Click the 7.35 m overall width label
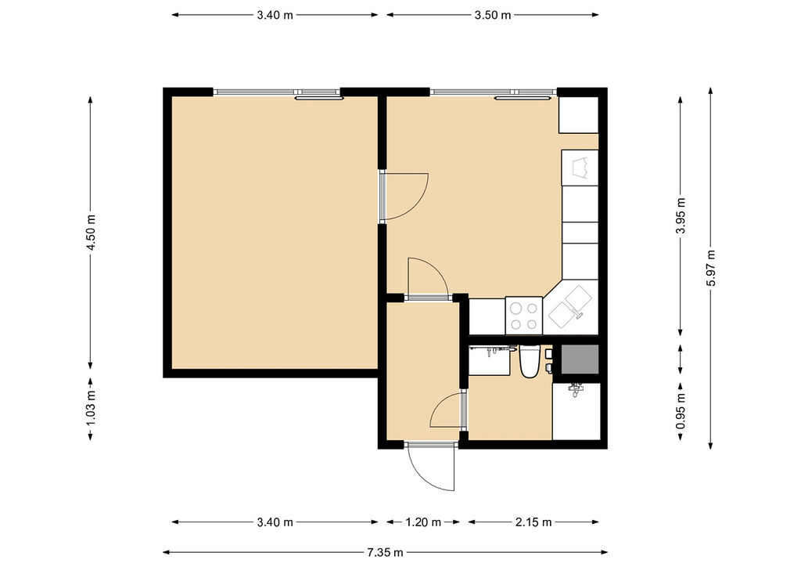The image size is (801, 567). coord(385,552)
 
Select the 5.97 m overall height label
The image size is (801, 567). coord(710,268)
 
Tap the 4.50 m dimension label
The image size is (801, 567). coord(91,232)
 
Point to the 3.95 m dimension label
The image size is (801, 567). coord(681,215)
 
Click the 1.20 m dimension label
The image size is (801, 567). coord(423,522)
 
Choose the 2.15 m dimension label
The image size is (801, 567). coord(533,522)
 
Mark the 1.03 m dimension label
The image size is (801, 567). coord(91,409)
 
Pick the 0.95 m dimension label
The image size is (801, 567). coord(681,412)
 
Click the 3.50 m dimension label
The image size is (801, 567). coord(493,15)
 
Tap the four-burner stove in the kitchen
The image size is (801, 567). coord(524,316)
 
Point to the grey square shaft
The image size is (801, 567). coord(580,359)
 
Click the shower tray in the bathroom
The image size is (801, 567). coord(577,411)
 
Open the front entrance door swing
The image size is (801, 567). coord(432,468)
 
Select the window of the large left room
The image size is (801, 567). coord(276,93)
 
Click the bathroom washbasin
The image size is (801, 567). coord(490,360)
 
